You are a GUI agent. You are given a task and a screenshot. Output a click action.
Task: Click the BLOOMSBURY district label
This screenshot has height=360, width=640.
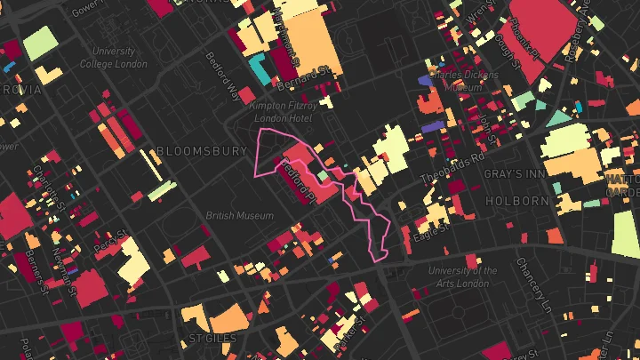point(200,151)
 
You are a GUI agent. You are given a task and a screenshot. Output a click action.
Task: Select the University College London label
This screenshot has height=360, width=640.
point(114,58)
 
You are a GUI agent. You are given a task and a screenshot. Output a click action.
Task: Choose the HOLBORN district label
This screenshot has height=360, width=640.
point(518,202)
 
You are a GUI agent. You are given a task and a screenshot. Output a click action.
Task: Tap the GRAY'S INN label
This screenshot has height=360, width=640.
point(515,173)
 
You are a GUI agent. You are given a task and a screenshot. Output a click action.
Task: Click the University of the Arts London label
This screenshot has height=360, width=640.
point(462,277)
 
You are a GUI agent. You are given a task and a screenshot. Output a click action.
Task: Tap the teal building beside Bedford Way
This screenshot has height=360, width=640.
point(259,67)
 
